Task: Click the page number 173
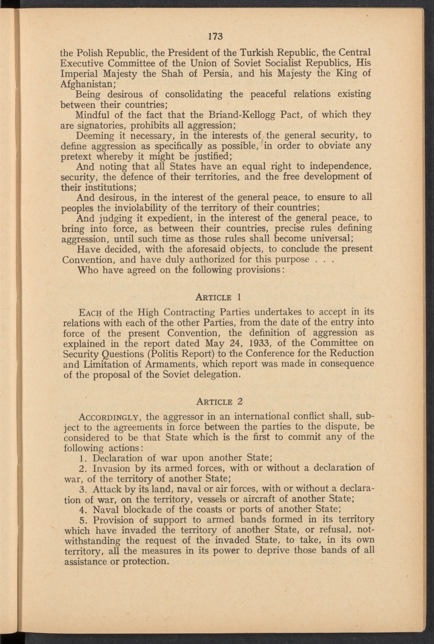coord(213,36)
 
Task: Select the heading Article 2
coord(219,402)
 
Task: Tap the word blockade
coord(143,510)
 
